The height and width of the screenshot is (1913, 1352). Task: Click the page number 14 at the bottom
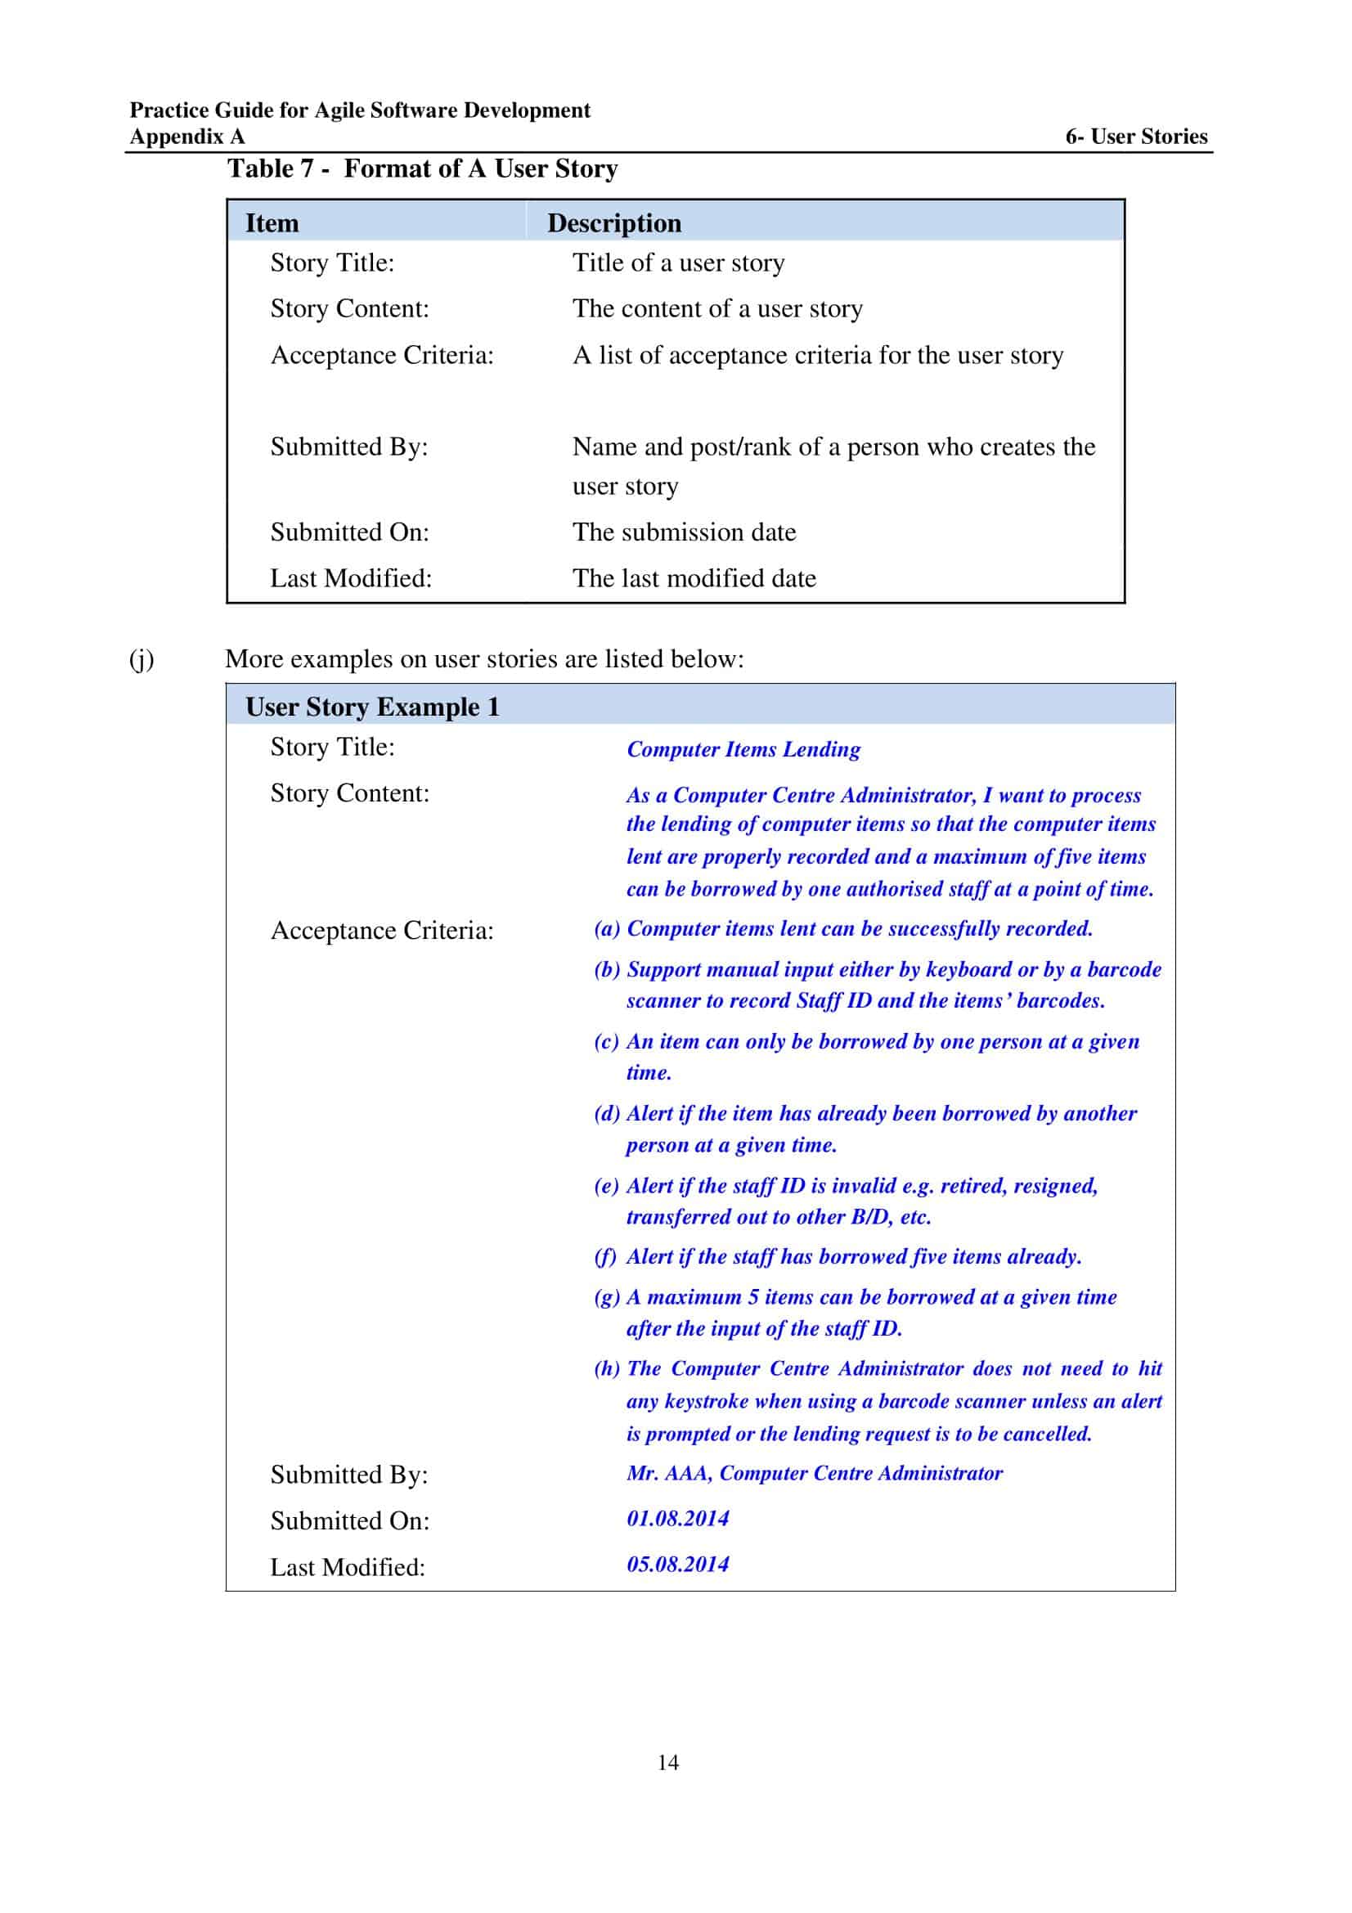tap(667, 1763)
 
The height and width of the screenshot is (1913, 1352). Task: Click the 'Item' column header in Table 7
tap(272, 223)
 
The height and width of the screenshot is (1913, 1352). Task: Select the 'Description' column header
tap(614, 223)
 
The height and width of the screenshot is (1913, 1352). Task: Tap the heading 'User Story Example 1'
tap(372, 707)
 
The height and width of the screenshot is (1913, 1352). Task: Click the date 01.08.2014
tap(677, 1518)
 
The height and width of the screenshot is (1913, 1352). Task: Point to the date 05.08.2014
tap(677, 1564)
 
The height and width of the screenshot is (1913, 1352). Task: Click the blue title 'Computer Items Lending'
tap(743, 749)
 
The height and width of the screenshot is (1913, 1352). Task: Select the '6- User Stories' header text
tap(1135, 136)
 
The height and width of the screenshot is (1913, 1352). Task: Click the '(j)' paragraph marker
tap(141, 659)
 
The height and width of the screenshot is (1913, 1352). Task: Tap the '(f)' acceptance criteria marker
tap(604, 1256)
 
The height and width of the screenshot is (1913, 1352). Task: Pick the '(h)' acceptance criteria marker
tap(606, 1368)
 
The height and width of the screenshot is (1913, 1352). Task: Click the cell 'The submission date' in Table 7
tap(684, 532)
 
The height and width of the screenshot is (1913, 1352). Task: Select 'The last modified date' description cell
tap(694, 578)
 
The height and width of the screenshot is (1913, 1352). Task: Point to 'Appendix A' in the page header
tap(187, 137)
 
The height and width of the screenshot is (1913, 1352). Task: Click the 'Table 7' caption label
tap(271, 168)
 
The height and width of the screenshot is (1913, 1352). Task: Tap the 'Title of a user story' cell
tap(678, 263)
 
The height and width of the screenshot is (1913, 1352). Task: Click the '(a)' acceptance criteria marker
tap(606, 928)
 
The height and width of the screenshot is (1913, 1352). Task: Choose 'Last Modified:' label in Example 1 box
tap(348, 1567)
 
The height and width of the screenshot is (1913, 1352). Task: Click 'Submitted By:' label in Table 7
tap(349, 447)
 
